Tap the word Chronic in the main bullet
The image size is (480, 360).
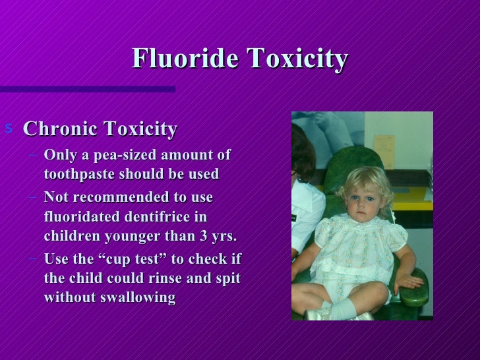pyautogui.click(x=57, y=129)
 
